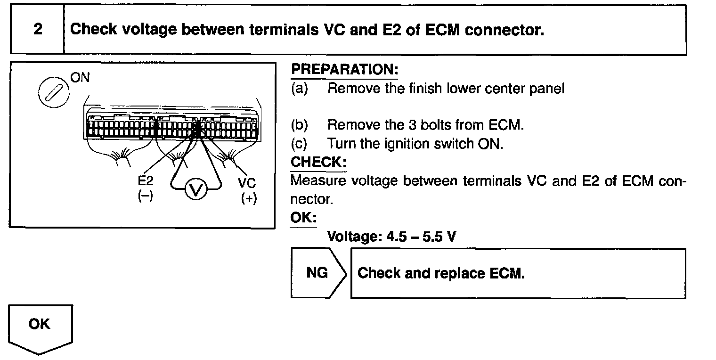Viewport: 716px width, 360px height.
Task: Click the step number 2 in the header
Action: coord(37,30)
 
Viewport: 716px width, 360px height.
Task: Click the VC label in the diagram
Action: coord(248,183)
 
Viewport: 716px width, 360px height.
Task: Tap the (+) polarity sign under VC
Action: coord(248,198)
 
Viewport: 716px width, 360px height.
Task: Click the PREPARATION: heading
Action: coord(344,70)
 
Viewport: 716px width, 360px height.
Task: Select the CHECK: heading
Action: coord(318,162)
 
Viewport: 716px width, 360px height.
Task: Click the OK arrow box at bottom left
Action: coord(40,325)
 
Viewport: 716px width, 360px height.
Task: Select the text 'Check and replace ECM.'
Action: coord(441,273)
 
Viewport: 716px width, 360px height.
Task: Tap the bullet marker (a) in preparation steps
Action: coord(299,89)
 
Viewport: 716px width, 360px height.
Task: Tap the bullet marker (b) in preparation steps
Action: coord(299,125)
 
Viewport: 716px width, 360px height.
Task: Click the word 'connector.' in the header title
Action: coord(504,30)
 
